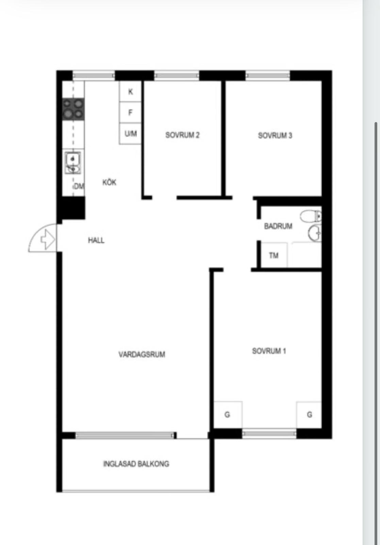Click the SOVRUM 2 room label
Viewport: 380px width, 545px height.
point(182,135)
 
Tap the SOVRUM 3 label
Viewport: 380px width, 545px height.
point(275,136)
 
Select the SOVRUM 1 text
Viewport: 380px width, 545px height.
point(269,351)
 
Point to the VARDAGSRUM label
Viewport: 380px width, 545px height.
point(142,355)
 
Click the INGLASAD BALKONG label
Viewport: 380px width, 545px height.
point(136,464)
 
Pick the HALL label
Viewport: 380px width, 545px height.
point(96,240)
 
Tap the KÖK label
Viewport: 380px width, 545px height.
point(109,182)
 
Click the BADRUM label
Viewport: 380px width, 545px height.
point(278,226)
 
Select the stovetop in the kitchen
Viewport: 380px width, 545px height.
point(73,109)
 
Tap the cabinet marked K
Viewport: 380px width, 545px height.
point(130,92)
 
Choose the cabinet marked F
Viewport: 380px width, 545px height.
point(130,112)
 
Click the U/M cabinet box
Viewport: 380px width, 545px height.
point(130,134)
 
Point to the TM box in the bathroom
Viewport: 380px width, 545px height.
point(274,255)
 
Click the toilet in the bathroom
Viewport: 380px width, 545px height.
point(311,216)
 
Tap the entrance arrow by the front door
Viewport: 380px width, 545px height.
point(48,240)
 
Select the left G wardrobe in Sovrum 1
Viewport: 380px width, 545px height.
point(228,414)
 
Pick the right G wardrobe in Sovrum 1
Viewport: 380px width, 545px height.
point(309,414)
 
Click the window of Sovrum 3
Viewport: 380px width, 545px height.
point(267,75)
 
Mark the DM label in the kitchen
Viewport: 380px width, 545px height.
point(79,186)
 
